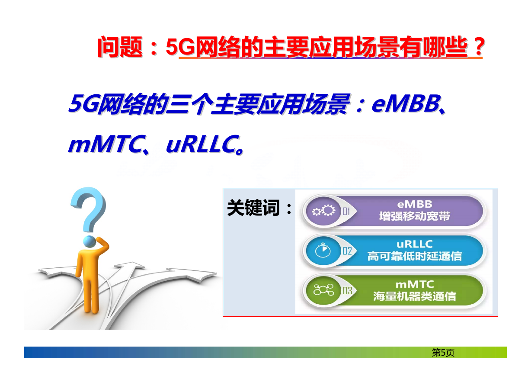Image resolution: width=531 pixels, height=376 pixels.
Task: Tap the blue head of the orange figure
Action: (x=90, y=242)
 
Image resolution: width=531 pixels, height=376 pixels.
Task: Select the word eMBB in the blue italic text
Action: (x=406, y=104)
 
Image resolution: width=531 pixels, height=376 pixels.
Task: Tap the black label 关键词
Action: (x=253, y=208)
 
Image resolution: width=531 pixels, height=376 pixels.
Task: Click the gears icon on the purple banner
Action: (x=323, y=211)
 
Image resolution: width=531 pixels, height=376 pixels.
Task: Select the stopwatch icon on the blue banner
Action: (x=323, y=250)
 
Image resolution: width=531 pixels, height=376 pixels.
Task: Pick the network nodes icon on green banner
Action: (x=323, y=290)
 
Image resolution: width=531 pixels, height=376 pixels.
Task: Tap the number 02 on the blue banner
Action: (x=347, y=251)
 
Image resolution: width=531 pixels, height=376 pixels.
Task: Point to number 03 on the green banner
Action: (x=347, y=291)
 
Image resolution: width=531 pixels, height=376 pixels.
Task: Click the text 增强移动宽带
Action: (x=415, y=216)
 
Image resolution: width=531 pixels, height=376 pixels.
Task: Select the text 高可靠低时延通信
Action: (x=415, y=256)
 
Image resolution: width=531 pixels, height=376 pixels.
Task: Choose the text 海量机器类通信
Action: (x=415, y=296)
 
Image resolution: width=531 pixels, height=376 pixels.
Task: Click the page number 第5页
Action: (x=443, y=353)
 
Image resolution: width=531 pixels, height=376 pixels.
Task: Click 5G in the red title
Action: (x=180, y=47)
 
